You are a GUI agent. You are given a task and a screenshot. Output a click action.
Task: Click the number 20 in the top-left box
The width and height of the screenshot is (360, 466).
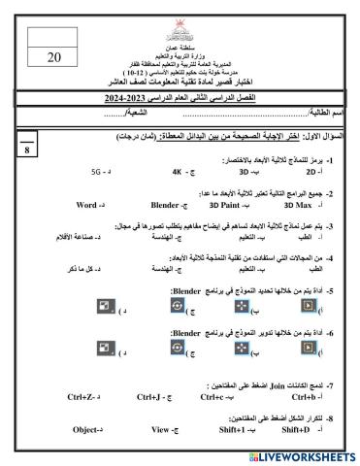pyautogui.click(x=54, y=56)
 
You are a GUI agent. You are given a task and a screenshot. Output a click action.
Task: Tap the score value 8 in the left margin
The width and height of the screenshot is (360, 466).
pyautogui.click(x=25, y=150)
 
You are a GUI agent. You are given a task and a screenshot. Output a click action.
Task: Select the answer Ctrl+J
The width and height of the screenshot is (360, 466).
pyautogui.click(x=147, y=396)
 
